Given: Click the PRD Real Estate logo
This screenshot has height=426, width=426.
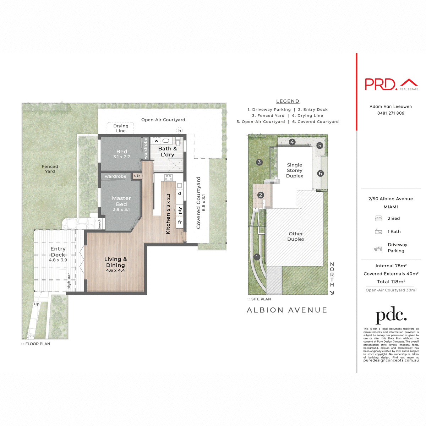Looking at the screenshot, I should pos(391,84).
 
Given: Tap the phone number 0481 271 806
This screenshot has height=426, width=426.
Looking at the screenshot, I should pos(390,113).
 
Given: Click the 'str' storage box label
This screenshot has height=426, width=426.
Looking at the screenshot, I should pos(137,176).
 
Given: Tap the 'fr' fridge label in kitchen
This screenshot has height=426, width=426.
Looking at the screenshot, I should pos(180,222).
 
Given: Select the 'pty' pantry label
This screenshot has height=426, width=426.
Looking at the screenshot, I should pos(180,210).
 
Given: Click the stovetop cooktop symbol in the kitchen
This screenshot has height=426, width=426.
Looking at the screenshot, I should pos(169,177).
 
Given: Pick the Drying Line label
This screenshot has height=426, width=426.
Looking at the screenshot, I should pos(121,128).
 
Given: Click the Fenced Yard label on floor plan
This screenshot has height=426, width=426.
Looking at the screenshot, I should pos(50,169).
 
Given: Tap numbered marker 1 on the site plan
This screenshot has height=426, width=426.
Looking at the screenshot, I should pos(257,257).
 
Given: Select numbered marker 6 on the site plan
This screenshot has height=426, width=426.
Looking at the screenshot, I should pos(320,173).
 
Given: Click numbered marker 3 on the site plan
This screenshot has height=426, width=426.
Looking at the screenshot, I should pos(259,162).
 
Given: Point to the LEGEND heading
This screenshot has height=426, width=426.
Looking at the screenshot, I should pos(288,101).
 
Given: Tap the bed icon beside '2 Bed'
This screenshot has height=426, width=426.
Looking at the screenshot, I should pos(378,218).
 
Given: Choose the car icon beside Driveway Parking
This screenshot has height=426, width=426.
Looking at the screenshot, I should pos(378,249).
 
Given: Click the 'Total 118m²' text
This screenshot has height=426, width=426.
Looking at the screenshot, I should pos(391,282).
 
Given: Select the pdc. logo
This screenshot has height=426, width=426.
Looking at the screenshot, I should pos(391,315).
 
